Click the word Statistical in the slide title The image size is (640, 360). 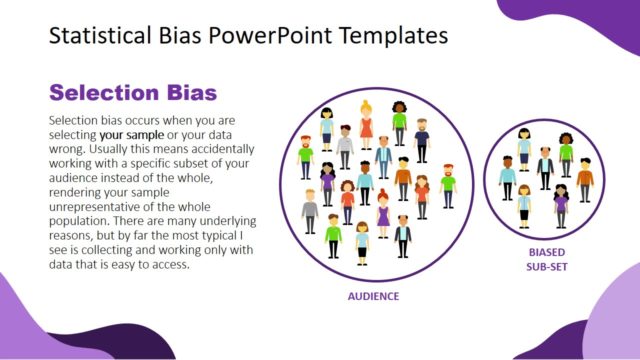pyautogui.click(x=95, y=37)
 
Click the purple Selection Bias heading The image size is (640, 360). pyautogui.click(x=133, y=93)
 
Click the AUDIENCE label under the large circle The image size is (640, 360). pyautogui.click(x=373, y=296)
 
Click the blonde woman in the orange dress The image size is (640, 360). pyautogui.click(x=366, y=127)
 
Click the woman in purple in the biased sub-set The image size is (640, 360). pyautogui.click(x=561, y=204)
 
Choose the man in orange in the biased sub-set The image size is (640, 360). pyautogui.click(x=585, y=177)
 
